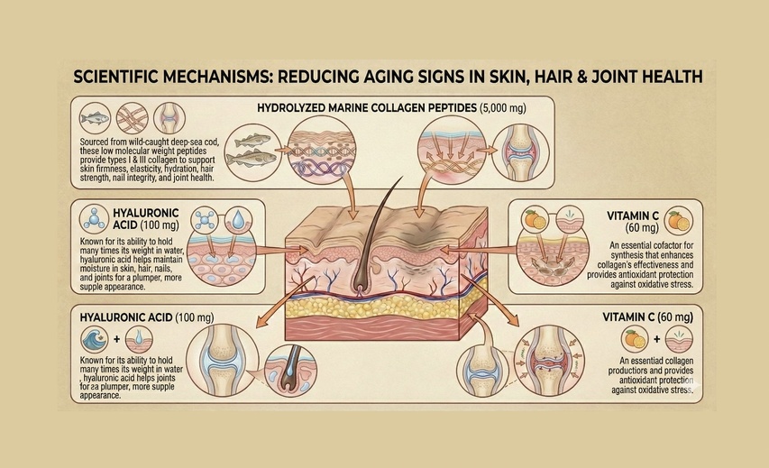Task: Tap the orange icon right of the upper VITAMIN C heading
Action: [677, 219]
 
